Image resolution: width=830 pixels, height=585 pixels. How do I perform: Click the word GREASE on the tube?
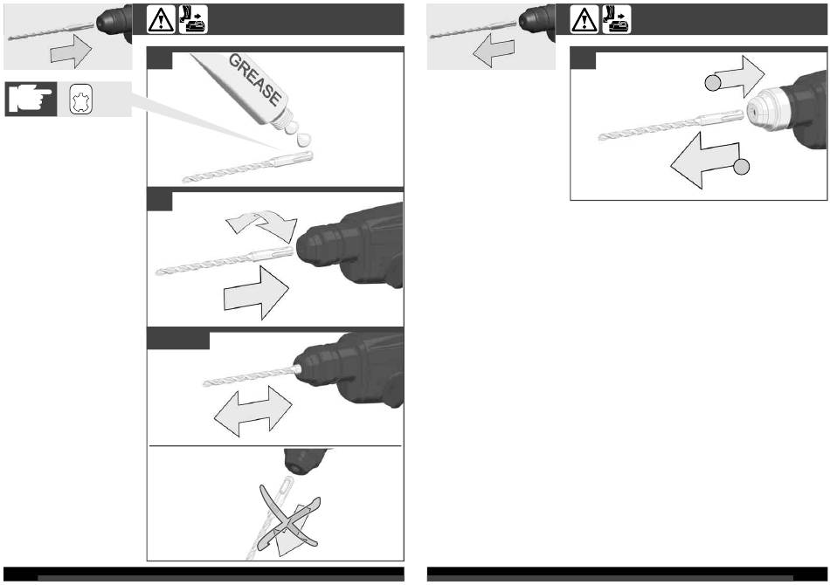[254, 79]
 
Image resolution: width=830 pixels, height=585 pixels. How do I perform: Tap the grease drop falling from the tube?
[304, 140]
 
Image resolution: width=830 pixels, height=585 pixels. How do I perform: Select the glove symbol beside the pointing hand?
[81, 100]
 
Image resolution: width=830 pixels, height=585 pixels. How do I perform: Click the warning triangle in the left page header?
[162, 20]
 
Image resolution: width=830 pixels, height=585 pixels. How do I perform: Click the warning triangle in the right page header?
[584, 20]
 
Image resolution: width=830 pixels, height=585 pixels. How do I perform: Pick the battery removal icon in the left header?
[193, 19]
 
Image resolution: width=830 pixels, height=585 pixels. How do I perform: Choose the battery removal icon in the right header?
[617, 19]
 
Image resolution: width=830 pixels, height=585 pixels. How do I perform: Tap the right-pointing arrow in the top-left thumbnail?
[72, 52]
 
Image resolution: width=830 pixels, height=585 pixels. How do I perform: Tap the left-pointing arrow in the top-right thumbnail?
[494, 51]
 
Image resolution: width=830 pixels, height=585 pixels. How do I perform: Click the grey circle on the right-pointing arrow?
[713, 83]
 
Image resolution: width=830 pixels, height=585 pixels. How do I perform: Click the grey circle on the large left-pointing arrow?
[742, 167]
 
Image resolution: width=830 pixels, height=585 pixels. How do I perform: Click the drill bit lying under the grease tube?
[248, 167]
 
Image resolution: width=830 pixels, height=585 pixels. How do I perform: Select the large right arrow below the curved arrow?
[257, 292]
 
